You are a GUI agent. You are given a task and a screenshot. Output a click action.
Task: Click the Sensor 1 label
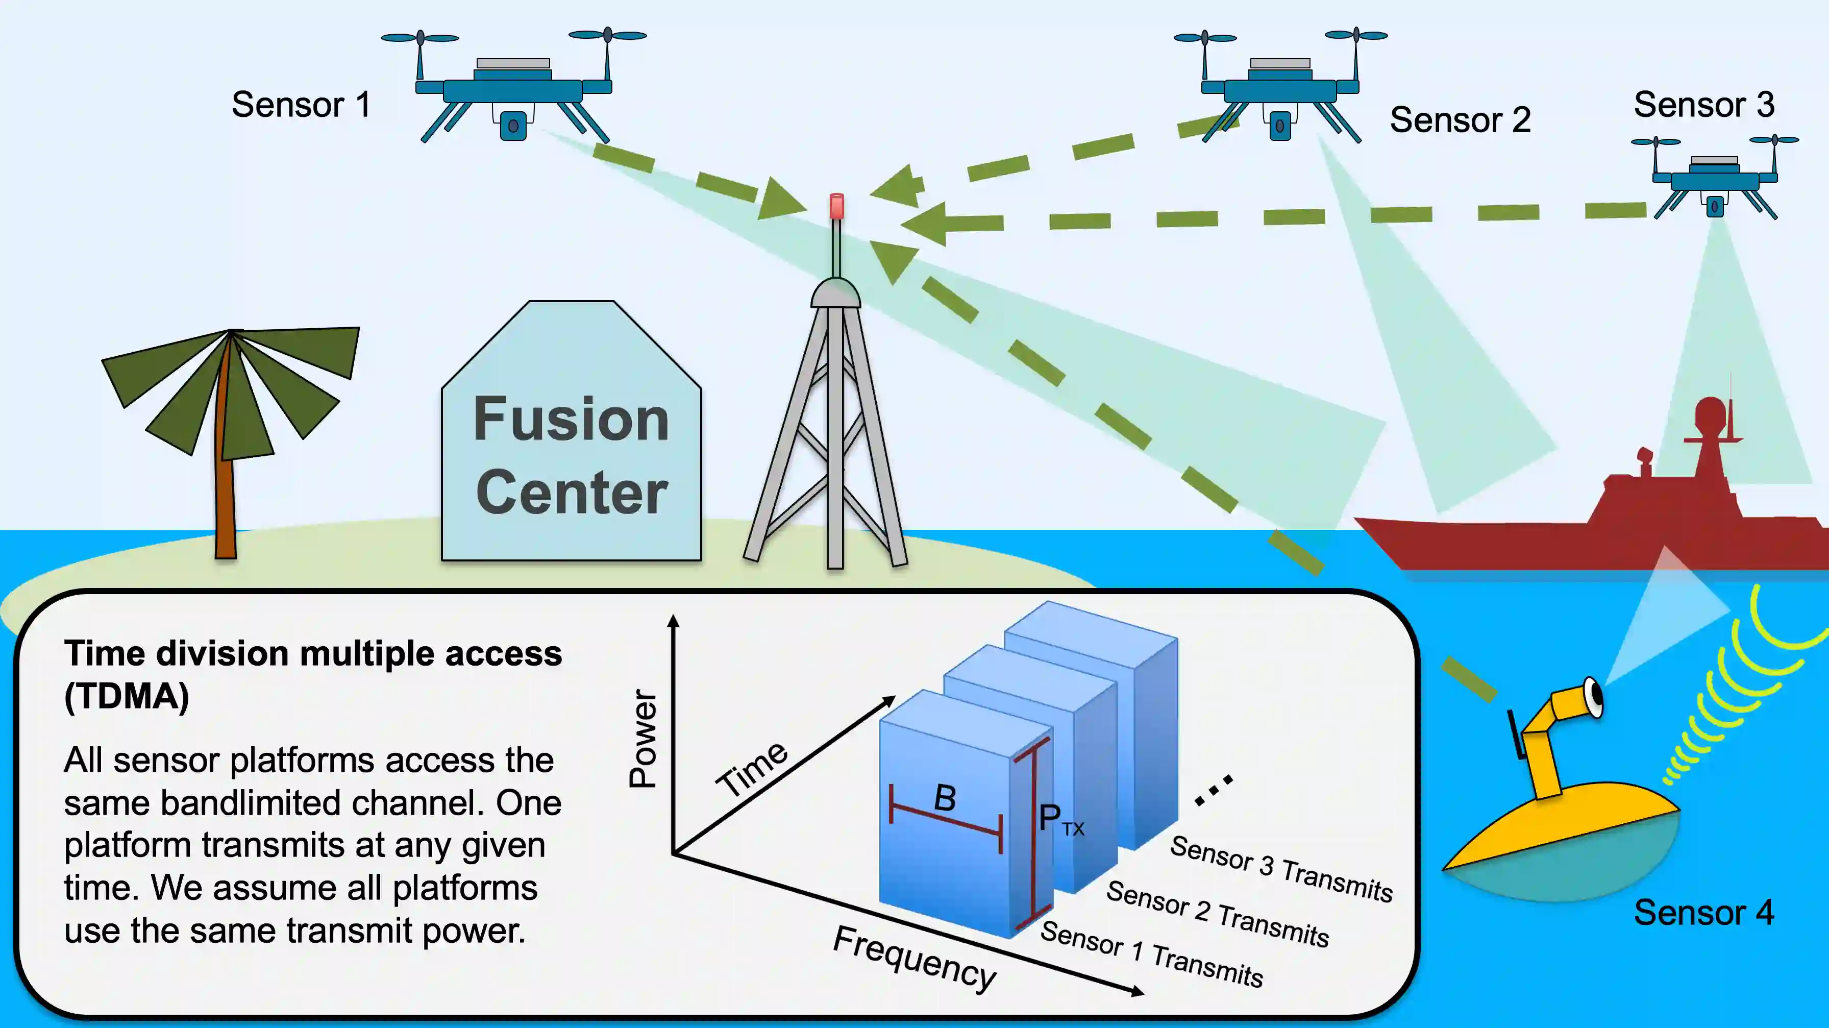click(301, 105)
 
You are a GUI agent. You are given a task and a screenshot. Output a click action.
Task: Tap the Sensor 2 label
click(1460, 120)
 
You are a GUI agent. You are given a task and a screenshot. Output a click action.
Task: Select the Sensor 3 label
click(1703, 105)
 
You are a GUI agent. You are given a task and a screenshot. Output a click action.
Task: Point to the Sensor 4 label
click(1703, 912)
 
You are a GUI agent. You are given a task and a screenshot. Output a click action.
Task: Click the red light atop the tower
click(837, 206)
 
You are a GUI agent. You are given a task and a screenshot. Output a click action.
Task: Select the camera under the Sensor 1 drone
click(513, 127)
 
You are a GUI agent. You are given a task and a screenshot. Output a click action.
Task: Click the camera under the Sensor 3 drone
click(1715, 207)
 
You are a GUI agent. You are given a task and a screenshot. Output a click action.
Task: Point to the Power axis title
click(644, 739)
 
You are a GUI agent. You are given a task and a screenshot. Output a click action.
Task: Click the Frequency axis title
click(914, 959)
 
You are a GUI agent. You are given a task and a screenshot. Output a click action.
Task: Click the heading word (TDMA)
click(127, 696)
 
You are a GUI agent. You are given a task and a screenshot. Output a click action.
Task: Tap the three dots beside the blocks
click(1214, 790)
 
